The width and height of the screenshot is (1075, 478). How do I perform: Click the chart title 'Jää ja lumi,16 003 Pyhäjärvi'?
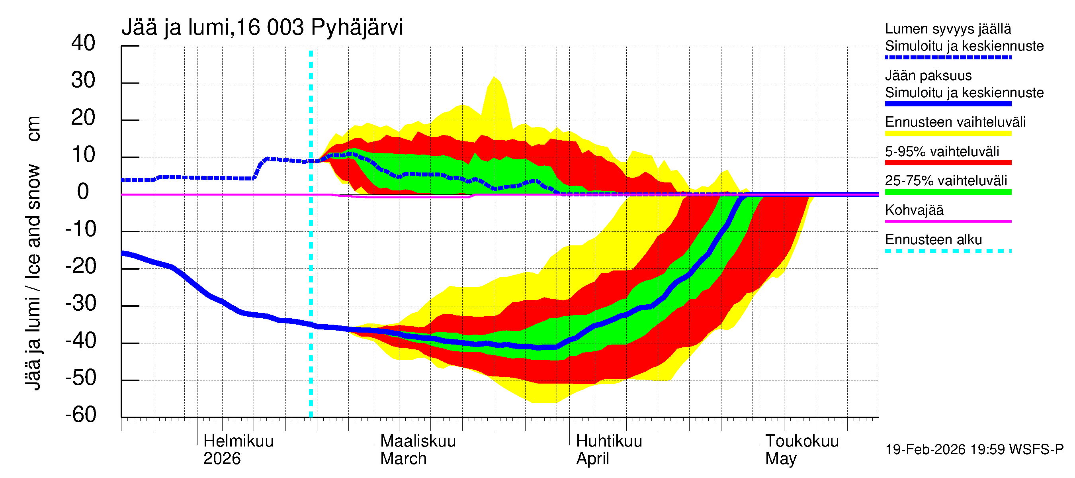click(x=262, y=27)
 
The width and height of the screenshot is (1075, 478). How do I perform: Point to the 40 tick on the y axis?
click(x=83, y=43)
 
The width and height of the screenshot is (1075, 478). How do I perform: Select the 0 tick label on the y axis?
click(x=83, y=192)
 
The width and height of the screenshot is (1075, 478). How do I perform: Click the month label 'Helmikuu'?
click(x=238, y=441)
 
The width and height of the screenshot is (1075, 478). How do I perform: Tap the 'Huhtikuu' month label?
click(x=609, y=441)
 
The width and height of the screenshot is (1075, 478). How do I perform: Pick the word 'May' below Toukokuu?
click(x=780, y=458)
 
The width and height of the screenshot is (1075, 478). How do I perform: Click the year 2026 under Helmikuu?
click(x=222, y=458)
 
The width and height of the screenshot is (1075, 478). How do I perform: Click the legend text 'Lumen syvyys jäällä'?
click(x=948, y=29)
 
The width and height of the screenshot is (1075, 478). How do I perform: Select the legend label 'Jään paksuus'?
click(x=928, y=76)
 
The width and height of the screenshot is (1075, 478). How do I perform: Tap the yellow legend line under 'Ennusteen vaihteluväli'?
click(x=948, y=133)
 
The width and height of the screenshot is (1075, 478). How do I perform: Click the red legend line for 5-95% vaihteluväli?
click(x=948, y=163)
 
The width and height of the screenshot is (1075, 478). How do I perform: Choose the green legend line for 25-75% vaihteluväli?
click(x=948, y=192)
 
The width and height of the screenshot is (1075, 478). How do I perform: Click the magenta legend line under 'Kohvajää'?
click(x=948, y=221)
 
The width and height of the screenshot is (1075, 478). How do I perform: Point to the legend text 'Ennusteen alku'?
click(x=933, y=240)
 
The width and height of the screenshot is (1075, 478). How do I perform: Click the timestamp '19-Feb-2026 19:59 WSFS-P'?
click(x=974, y=449)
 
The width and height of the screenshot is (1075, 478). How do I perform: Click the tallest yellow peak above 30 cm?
click(x=494, y=79)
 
